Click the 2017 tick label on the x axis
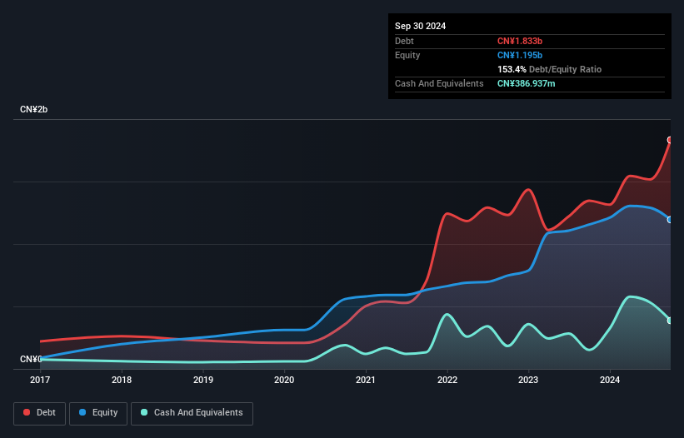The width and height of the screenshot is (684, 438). (40, 381)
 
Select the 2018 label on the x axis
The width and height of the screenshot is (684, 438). (122, 381)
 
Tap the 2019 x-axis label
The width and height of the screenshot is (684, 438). (202, 381)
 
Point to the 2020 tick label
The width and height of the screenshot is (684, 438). (284, 381)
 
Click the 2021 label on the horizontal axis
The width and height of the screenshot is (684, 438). (366, 381)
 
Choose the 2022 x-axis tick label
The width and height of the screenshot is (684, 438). (447, 381)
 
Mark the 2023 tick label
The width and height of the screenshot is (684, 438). (528, 381)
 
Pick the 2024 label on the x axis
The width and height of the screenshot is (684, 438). (610, 381)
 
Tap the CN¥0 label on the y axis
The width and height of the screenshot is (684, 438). (31, 360)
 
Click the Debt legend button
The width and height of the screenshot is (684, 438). (39, 413)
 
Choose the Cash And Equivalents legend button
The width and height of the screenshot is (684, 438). (192, 413)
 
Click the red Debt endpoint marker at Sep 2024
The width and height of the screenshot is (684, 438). (670, 140)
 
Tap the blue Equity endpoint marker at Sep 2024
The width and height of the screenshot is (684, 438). (670, 220)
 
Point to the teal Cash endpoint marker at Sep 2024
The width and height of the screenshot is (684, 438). (670, 321)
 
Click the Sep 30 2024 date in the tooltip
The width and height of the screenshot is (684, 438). (420, 26)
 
